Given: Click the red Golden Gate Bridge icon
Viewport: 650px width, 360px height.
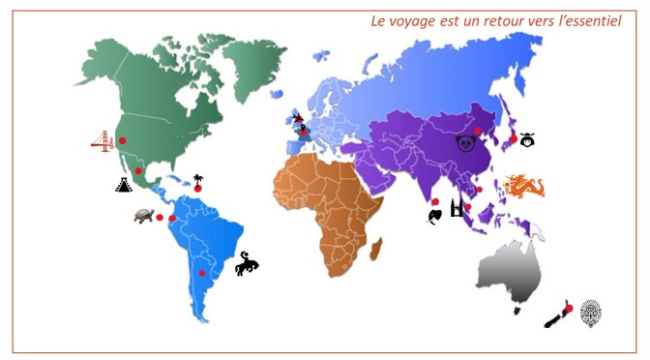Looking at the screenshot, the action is (x=102, y=142).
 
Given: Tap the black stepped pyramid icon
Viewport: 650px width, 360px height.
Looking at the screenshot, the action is (x=124, y=184).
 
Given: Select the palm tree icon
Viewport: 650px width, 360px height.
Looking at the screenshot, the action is (x=198, y=180).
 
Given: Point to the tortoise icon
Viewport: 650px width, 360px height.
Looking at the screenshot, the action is (x=145, y=216).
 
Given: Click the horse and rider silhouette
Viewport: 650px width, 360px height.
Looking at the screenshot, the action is (x=248, y=262).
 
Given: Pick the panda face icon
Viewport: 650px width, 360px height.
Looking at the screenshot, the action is (x=466, y=143).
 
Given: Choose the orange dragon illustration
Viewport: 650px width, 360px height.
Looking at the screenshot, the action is (x=526, y=185).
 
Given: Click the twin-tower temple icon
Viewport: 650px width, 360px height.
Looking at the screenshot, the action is (x=457, y=206).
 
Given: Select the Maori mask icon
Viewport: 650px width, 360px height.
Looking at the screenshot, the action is (x=590, y=312).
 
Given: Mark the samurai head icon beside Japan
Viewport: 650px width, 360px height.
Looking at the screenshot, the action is (x=527, y=139).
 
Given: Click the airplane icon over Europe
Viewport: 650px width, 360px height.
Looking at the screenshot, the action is (x=298, y=118).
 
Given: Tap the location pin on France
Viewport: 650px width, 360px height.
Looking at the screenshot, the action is (x=304, y=129).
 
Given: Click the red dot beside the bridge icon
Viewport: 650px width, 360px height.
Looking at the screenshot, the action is (x=123, y=141).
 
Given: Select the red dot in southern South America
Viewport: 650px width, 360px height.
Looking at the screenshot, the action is (x=202, y=273).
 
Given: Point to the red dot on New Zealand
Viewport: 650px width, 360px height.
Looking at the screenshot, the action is (x=570, y=309).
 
